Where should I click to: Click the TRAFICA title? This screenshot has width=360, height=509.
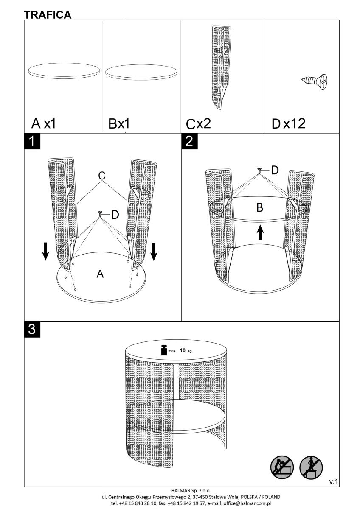pos(48,15)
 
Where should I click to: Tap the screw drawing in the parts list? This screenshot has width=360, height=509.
pos(314,81)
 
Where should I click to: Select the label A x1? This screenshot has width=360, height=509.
pos(43,123)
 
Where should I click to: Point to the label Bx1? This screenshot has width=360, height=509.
pos(119,123)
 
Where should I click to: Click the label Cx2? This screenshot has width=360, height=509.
pos(198,124)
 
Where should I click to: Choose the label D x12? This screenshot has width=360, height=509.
pos(288,123)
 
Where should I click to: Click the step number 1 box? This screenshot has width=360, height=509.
pos(32,141)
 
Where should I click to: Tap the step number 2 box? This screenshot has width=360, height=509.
pos(190,141)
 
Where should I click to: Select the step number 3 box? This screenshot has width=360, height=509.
pos(32,329)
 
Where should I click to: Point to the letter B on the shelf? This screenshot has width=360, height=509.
pos(260,207)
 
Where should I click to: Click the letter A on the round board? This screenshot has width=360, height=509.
pos(100,274)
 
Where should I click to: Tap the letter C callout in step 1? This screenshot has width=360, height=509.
pos(101,176)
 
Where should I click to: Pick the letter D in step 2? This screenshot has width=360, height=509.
pos(275,170)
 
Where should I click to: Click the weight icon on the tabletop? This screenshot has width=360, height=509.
pos(164,350)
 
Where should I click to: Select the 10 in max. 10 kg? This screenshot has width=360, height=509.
pos(183,350)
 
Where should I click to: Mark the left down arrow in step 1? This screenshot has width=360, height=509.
pos(45,251)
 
